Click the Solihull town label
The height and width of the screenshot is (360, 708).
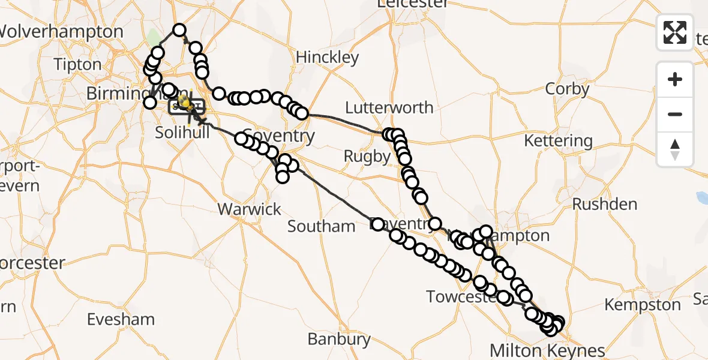(182, 132)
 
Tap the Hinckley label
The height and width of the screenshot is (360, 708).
(328, 58)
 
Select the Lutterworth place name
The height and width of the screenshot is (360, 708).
(389, 108)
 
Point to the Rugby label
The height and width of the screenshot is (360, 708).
(367, 157)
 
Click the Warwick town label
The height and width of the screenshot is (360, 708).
(250, 209)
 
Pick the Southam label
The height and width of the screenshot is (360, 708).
(322, 226)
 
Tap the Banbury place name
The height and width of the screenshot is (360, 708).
(339, 339)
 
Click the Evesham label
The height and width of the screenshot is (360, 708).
(121, 319)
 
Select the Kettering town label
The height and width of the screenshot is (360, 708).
(558, 141)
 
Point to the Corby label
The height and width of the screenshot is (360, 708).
(567, 89)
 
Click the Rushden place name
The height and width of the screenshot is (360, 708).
(605, 204)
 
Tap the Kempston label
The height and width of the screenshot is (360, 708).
(643, 305)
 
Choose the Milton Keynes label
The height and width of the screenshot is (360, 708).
(547, 350)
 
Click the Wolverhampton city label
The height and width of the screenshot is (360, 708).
(61, 32)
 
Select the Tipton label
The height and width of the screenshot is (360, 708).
(77, 64)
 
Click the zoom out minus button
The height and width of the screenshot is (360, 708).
(675, 114)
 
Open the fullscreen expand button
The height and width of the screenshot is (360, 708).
(675, 32)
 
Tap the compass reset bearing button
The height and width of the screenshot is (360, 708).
(675, 149)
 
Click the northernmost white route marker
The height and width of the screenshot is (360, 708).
(179, 30)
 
